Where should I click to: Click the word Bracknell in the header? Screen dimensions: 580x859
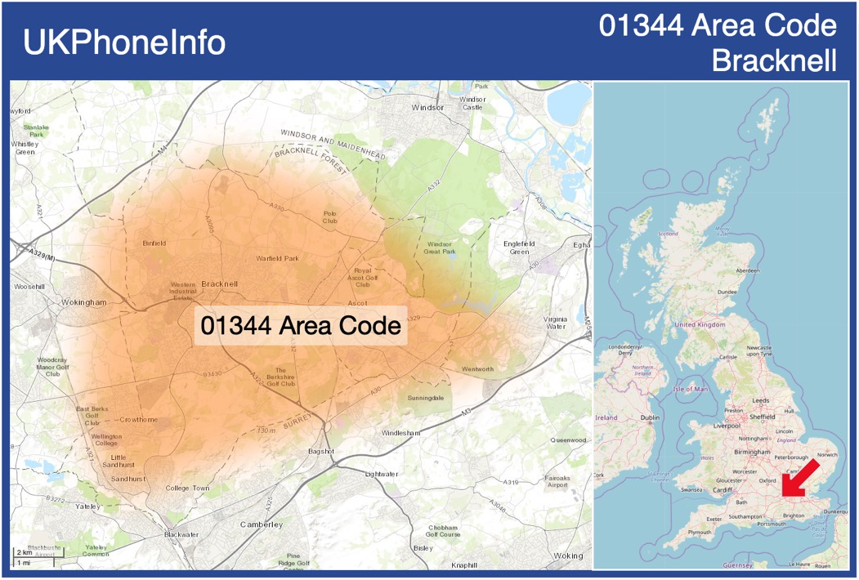pyautogui.click(x=774, y=60)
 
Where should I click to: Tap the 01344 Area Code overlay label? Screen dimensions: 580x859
pyautogui.click(x=301, y=325)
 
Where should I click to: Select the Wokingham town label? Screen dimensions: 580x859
pyautogui.click(x=84, y=302)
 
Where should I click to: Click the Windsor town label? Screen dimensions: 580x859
pyautogui.click(x=427, y=107)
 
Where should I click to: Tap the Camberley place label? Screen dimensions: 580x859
pyautogui.click(x=262, y=524)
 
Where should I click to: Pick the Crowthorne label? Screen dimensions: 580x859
pyautogui.click(x=138, y=420)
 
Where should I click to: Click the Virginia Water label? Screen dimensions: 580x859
pyautogui.click(x=555, y=323)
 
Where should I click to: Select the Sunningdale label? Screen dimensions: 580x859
pyautogui.click(x=426, y=398)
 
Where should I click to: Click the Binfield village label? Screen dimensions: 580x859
pyautogui.click(x=154, y=243)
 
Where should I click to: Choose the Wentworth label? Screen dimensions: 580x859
pyautogui.click(x=477, y=369)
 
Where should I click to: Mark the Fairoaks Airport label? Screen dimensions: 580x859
pyautogui.click(x=557, y=481)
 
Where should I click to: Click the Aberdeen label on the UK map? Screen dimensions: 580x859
pyautogui.click(x=747, y=270)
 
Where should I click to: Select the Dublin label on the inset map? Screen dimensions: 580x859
pyautogui.click(x=651, y=418)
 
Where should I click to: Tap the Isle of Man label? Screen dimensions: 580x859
pyautogui.click(x=691, y=389)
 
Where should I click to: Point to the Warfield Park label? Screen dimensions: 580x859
pyautogui.click(x=278, y=258)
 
